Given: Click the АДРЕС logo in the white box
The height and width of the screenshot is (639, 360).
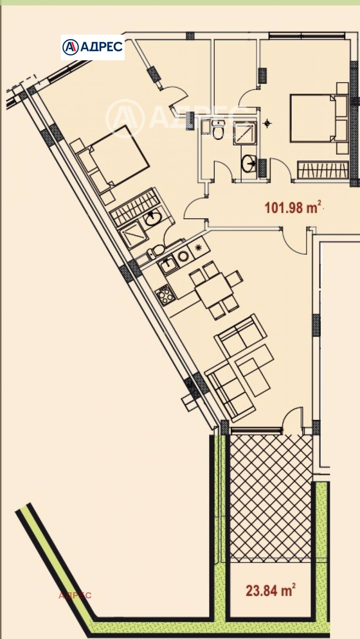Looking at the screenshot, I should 93,47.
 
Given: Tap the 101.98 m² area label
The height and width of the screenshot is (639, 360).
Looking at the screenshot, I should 293,208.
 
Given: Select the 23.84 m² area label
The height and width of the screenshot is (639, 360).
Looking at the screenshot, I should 270,589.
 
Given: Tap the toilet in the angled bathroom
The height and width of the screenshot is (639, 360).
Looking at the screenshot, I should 157,250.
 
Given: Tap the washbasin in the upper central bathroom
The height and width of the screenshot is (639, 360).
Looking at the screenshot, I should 247,164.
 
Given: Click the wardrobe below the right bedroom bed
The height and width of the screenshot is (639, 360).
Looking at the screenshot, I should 323,170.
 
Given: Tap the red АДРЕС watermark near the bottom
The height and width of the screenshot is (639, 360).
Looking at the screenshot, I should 75,595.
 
